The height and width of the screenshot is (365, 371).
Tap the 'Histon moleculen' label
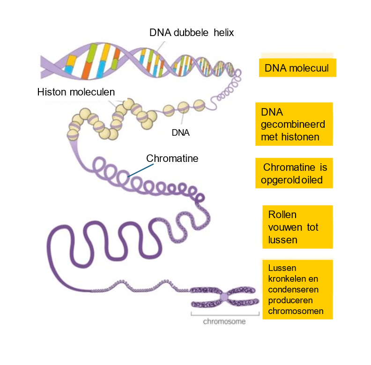coord(76,92)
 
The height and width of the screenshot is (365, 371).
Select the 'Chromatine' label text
coord(172,159)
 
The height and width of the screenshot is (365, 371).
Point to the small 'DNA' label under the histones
coord(180,132)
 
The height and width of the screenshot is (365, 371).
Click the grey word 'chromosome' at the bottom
coord(224,322)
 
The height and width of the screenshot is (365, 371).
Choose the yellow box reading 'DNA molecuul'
coord(297,68)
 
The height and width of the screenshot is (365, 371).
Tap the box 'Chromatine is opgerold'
coord(294,173)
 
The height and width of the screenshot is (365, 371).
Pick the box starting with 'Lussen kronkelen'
coord(297,290)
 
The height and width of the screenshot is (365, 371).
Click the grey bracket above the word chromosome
coord(225,314)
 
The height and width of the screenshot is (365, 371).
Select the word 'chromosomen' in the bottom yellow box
coord(296,311)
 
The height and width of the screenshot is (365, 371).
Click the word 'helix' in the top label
coord(223,33)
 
